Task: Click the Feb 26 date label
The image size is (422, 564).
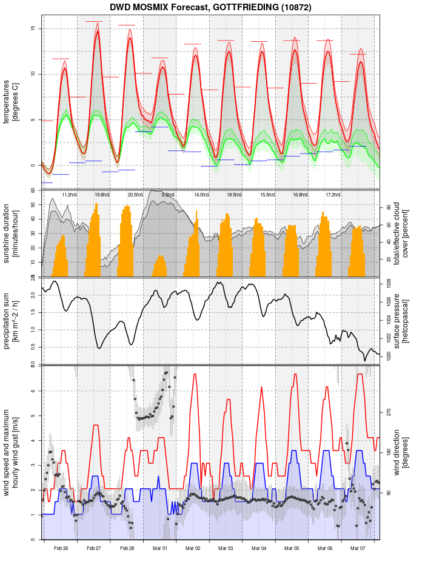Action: coord(61,548)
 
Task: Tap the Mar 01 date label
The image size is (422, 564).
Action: coord(160,548)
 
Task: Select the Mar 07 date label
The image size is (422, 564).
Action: coord(358,548)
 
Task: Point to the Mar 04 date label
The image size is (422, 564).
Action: coord(259,548)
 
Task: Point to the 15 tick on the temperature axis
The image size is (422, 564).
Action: coord(33,29)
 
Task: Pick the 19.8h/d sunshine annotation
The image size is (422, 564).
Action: coord(102,195)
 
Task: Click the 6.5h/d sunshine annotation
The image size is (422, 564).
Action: coord(168,195)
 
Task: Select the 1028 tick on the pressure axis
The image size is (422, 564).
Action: coord(389,284)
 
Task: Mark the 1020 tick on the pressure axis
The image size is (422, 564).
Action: coord(389,357)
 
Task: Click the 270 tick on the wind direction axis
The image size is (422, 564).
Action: coord(389,412)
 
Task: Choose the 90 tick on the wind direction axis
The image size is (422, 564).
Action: coord(389,493)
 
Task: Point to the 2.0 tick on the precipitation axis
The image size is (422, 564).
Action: coord(33,295)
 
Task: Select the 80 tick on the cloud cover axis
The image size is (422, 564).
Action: coord(389,207)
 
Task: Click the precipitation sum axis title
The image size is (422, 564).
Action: coord(12,320)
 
